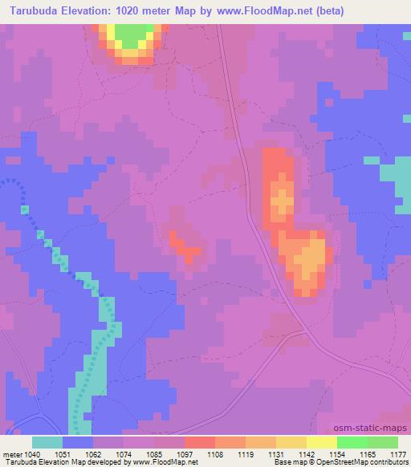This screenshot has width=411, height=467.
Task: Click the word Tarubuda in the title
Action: coord(35,11)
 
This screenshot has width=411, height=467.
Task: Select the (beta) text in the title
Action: coord(378,11)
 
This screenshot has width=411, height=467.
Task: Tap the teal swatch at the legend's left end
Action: coord(47,442)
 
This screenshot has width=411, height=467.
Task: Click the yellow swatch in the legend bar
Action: coord(321,442)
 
